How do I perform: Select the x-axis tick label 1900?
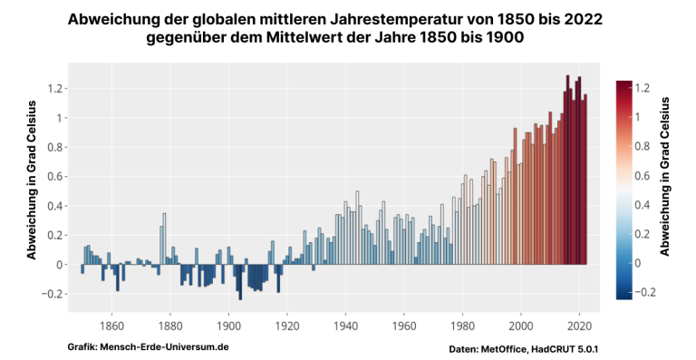click(x=228, y=326)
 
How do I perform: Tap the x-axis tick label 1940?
click(x=345, y=326)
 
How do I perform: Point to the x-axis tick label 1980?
click(x=462, y=326)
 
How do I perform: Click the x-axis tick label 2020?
click(x=580, y=326)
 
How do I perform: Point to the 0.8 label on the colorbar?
click(x=643, y=146)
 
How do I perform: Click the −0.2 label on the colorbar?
click(x=645, y=292)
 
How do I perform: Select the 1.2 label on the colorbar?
click(x=643, y=88)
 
